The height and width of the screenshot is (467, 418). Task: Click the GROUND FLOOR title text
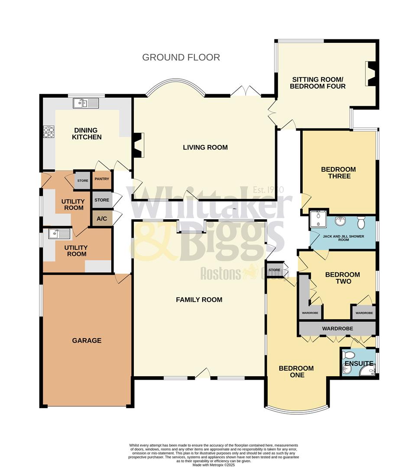(181, 57)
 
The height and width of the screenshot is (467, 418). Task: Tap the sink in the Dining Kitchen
(86, 103)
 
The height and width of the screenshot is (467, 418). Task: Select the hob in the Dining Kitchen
(49, 131)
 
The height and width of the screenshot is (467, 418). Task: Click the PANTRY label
(102, 179)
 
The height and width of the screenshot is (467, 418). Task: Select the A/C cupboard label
(102, 219)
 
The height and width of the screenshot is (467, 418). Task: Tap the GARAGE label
(87, 341)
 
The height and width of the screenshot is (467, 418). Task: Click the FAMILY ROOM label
(199, 300)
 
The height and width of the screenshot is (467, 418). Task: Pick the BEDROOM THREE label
(338, 173)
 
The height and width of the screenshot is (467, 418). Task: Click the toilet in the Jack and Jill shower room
(361, 223)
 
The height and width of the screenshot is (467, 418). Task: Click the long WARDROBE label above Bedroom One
(337, 329)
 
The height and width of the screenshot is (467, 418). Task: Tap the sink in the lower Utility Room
(59, 234)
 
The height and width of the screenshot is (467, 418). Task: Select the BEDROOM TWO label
(342, 278)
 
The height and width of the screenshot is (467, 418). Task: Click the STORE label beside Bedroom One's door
(275, 270)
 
